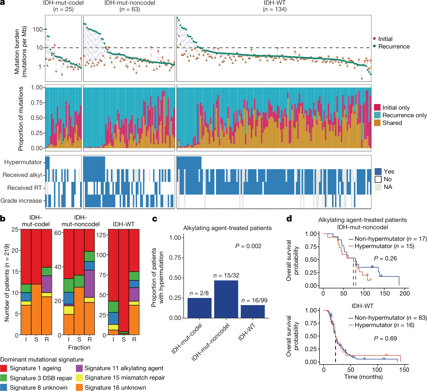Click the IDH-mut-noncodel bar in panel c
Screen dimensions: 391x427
[226, 299]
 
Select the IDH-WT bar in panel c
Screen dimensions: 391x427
[253, 311]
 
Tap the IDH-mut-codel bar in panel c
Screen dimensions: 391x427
[199, 308]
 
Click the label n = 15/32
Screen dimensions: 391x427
[226, 276]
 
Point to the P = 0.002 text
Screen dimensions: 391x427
[248, 246]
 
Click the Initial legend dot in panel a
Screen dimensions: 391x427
[374, 39]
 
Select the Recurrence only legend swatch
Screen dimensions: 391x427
[377, 115]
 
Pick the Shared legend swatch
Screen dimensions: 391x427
[377, 123]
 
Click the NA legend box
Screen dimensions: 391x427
[378, 187]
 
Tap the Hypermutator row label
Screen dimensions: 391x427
[23, 162]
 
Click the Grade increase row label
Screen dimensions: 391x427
[21, 201]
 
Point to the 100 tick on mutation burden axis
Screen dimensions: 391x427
[38, 29]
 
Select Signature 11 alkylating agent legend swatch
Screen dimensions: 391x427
[79, 368]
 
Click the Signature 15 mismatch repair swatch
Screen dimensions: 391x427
[79, 378]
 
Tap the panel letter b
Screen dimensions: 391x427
[3, 219]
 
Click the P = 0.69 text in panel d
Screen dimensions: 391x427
[385, 338]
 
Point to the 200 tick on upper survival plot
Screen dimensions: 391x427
[405, 293]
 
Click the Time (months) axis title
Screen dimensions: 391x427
[363, 377]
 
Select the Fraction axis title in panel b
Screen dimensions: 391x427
[79, 347]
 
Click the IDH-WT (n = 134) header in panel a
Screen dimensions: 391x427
[275, 6]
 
